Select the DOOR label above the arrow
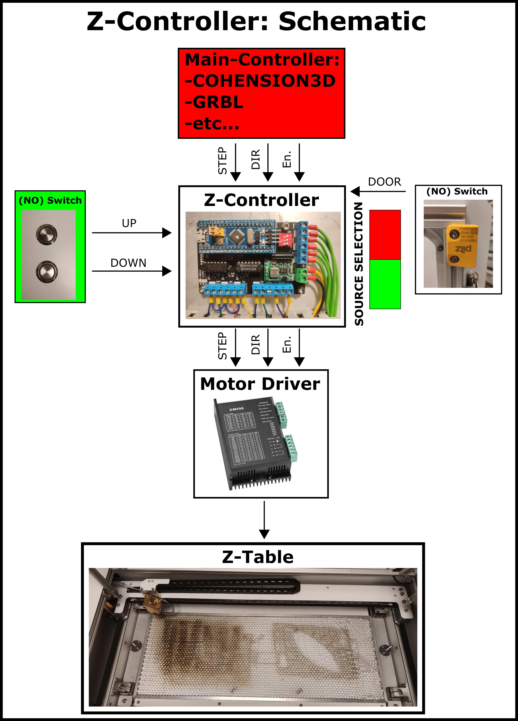(384, 182)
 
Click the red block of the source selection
(385, 235)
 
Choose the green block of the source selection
(385, 284)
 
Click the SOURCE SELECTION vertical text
(359, 264)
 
